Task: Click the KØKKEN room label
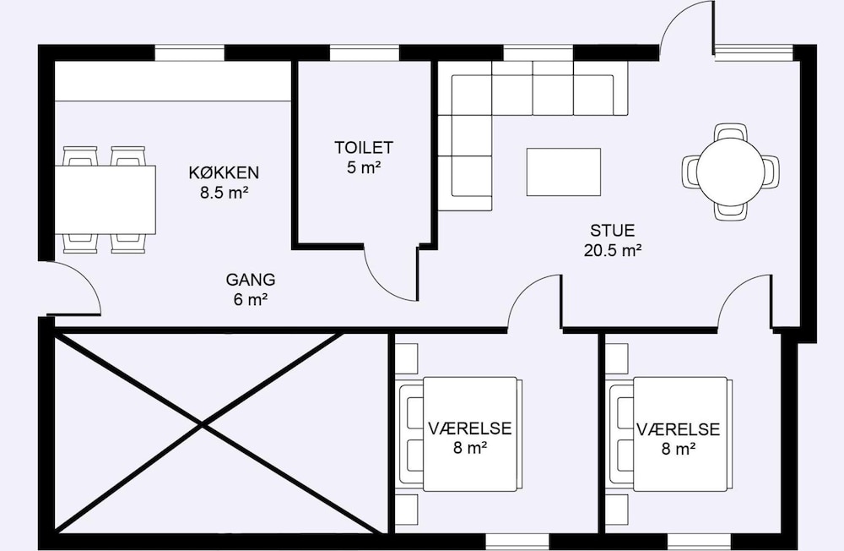coord(224,172)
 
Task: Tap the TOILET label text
coord(364,147)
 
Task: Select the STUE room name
coord(613,230)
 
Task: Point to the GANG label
coord(251,279)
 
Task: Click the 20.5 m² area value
coord(613,250)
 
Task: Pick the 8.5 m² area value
coord(224,193)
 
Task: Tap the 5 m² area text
coord(364,167)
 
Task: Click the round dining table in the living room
coord(730,172)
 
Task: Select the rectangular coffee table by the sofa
coord(564,172)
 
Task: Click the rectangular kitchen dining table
coord(105,199)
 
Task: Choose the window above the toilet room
coord(364,53)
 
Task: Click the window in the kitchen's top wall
coord(189,53)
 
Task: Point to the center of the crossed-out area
coord(203,426)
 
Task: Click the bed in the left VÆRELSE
coord(459,434)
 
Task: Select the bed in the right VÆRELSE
coord(669,434)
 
